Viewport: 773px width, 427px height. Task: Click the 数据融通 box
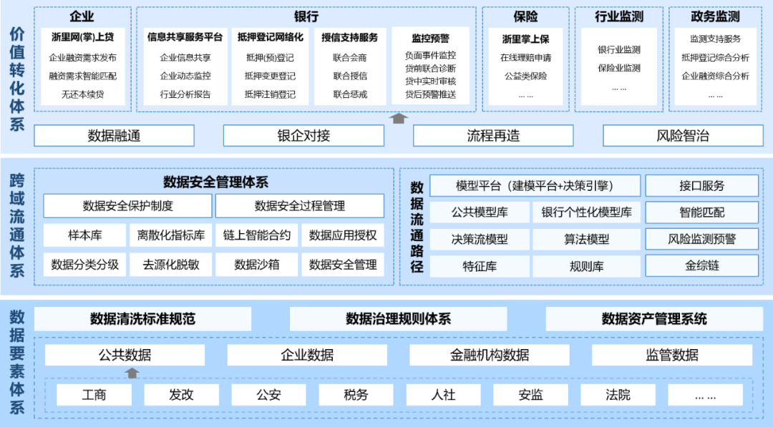pyautogui.click(x=114, y=136)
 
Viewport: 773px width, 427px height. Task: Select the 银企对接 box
pyautogui.click(x=303, y=136)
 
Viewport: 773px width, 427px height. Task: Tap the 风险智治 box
pyautogui.click(x=682, y=136)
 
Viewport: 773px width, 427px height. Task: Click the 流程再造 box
pyautogui.click(x=493, y=136)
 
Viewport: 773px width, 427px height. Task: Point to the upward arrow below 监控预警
pyautogui.click(x=399, y=118)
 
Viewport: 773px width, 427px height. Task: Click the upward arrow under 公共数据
pyautogui.click(x=132, y=373)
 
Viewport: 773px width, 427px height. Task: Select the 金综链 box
pyautogui.click(x=701, y=266)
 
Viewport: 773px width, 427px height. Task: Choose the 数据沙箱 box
pyautogui.click(x=257, y=265)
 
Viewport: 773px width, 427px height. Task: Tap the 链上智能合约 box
pyautogui.click(x=257, y=235)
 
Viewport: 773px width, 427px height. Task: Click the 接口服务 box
pyautogui.click(x=701, y=186)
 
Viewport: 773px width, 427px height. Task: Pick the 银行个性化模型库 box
pyautogui.click(x=586, y=212)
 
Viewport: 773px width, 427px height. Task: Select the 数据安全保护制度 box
pyautogui.click(x=127, y=206)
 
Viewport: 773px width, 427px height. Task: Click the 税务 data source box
pyautogui.click(x=356, y=395)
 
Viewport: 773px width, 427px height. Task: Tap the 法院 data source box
pyautogui.click(x=618, y=395)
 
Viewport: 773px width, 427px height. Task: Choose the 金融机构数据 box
pyautogui.click(x=490, y=355)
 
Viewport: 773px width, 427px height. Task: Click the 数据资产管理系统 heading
pyautogui.click(x=653, y=319)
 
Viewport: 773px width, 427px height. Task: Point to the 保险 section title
pyautogui.click(x=525, y=16)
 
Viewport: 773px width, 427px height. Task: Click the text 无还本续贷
pyautogui.click(x=82, y=94)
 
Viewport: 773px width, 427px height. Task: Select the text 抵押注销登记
pyautogui.click(x=270, y=94)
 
